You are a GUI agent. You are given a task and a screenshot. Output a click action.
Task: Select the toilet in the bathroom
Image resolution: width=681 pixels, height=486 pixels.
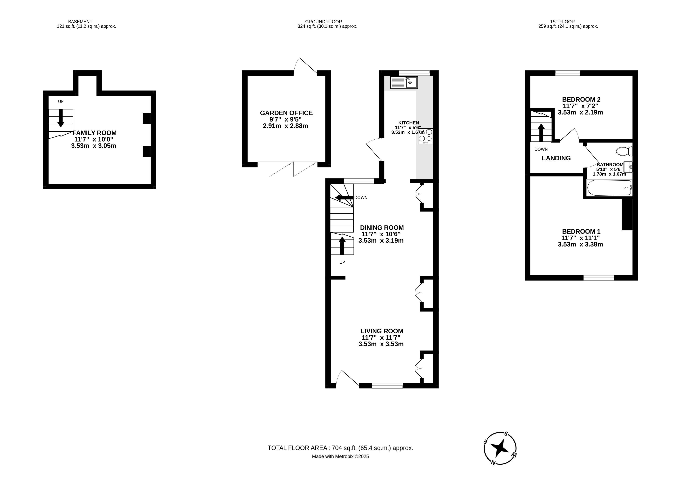[624, 151]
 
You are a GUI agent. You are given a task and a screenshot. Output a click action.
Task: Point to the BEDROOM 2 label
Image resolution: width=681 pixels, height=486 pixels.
[581, 99]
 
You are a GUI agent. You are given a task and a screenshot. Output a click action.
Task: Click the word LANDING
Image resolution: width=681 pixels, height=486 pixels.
[556, 158]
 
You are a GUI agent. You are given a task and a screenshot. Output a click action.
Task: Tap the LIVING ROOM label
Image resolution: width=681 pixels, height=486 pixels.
[382, 331]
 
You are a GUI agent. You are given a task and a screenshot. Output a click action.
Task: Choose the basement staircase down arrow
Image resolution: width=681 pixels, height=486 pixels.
[61, 118]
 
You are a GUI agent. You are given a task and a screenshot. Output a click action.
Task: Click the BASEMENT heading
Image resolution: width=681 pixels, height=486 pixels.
[80, 22]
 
